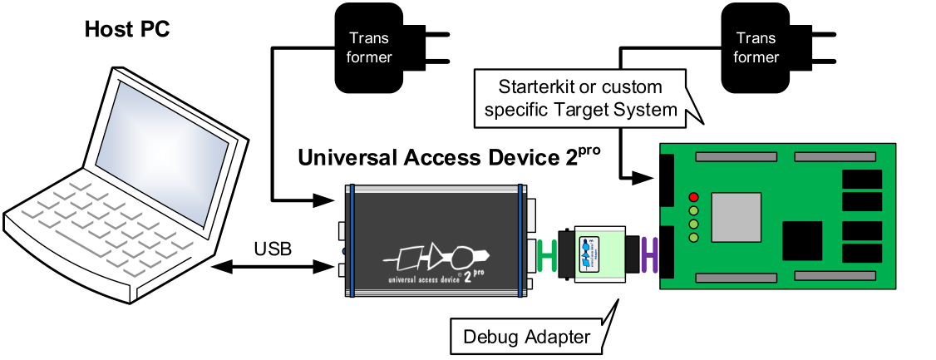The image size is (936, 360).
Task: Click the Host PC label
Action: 127,30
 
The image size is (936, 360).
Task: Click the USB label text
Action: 273,249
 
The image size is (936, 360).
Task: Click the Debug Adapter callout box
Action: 525,337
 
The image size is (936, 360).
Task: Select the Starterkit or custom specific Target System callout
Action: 579,98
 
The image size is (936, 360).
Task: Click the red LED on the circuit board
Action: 693,197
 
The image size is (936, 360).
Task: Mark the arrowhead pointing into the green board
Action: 647,177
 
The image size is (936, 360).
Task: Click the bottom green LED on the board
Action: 693,239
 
